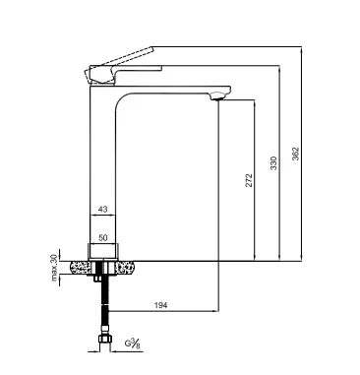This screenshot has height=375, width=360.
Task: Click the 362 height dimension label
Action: tap(295, 154)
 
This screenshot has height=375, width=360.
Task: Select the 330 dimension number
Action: tap(273, 163)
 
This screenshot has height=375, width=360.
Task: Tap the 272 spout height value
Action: tap(249, 180)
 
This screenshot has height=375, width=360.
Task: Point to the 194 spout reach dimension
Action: tap(160, 305)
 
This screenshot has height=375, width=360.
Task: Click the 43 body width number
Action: tap(103, 209)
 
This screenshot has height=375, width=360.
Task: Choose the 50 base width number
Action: tap(103, 238)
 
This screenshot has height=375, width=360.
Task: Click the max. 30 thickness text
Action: tap(54, 268)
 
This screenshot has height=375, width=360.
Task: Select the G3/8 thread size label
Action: tap(133, 344)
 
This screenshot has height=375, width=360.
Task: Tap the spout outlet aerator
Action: tap(217, 96)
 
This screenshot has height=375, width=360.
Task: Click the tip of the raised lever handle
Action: tap(151, 49)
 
